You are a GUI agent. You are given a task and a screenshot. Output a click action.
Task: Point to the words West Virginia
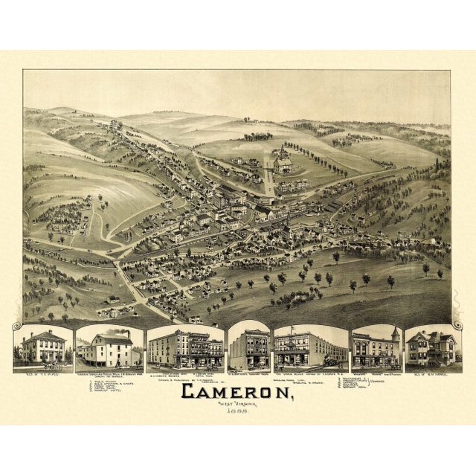[235, 405]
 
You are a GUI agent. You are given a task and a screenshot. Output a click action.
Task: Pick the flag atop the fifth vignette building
[292, 329]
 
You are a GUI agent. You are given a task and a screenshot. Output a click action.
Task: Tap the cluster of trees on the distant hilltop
[257, 137]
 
